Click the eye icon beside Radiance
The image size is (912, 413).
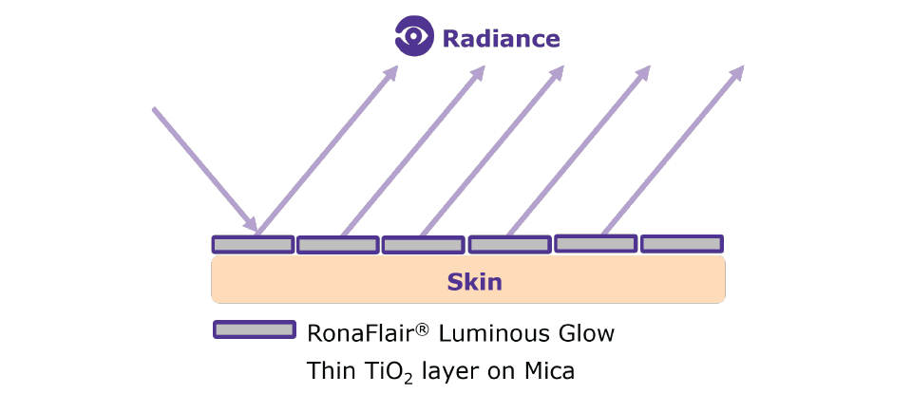point(414,38)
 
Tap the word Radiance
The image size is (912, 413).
point(501,39)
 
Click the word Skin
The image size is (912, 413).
point(474,282)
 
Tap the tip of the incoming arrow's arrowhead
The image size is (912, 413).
point(257,231)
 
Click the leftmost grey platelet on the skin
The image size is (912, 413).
point(252,244)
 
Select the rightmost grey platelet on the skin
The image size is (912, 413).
point(681,244)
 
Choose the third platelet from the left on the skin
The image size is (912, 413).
point(422,245)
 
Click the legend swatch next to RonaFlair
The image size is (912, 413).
point(253,329)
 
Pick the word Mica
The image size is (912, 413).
point(550,370)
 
